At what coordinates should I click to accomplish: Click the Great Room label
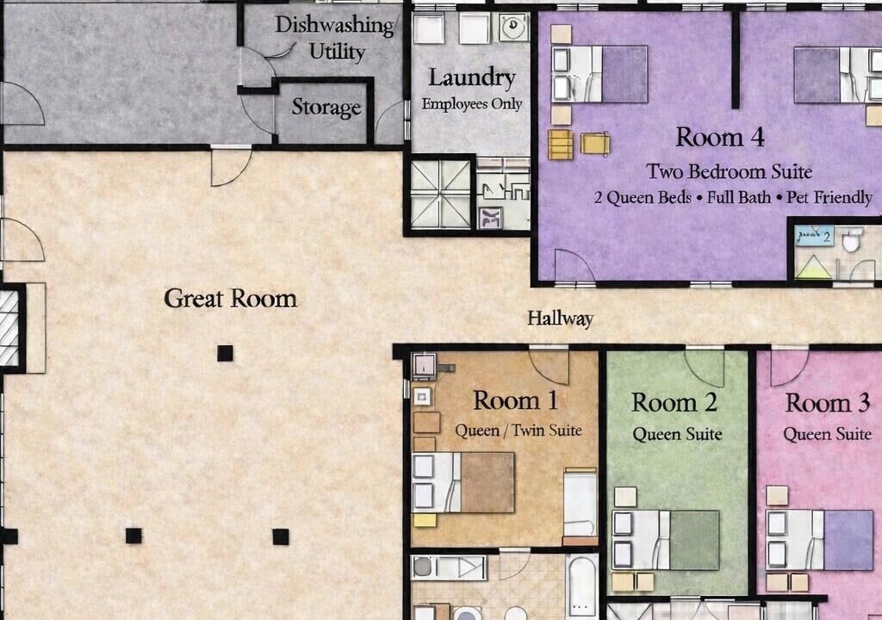coord(230,298)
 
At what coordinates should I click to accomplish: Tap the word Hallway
coord(560,319)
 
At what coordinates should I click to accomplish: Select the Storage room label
coord(326,107)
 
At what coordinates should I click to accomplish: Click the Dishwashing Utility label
coord(336,38)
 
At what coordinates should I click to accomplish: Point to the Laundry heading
coord(472,78)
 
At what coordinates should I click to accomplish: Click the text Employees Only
coord(472,104)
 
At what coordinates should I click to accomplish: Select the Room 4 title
coord(720,137)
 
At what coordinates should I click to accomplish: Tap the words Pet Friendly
coord(829,197)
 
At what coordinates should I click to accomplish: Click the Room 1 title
coord(516,400)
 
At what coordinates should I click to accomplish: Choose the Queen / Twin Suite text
coord(518,431)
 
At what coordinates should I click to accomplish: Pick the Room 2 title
coord(674,403)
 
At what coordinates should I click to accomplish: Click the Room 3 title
coord(828,403)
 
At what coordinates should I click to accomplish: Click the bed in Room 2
coord(666,540)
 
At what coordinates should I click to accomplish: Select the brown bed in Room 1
coord(463,482)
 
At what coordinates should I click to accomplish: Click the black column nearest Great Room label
coord(225,353)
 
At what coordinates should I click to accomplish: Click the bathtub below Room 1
coord(581,586)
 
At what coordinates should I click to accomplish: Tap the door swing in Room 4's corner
coord(575,264)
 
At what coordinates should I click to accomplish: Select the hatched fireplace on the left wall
coord(9,327)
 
